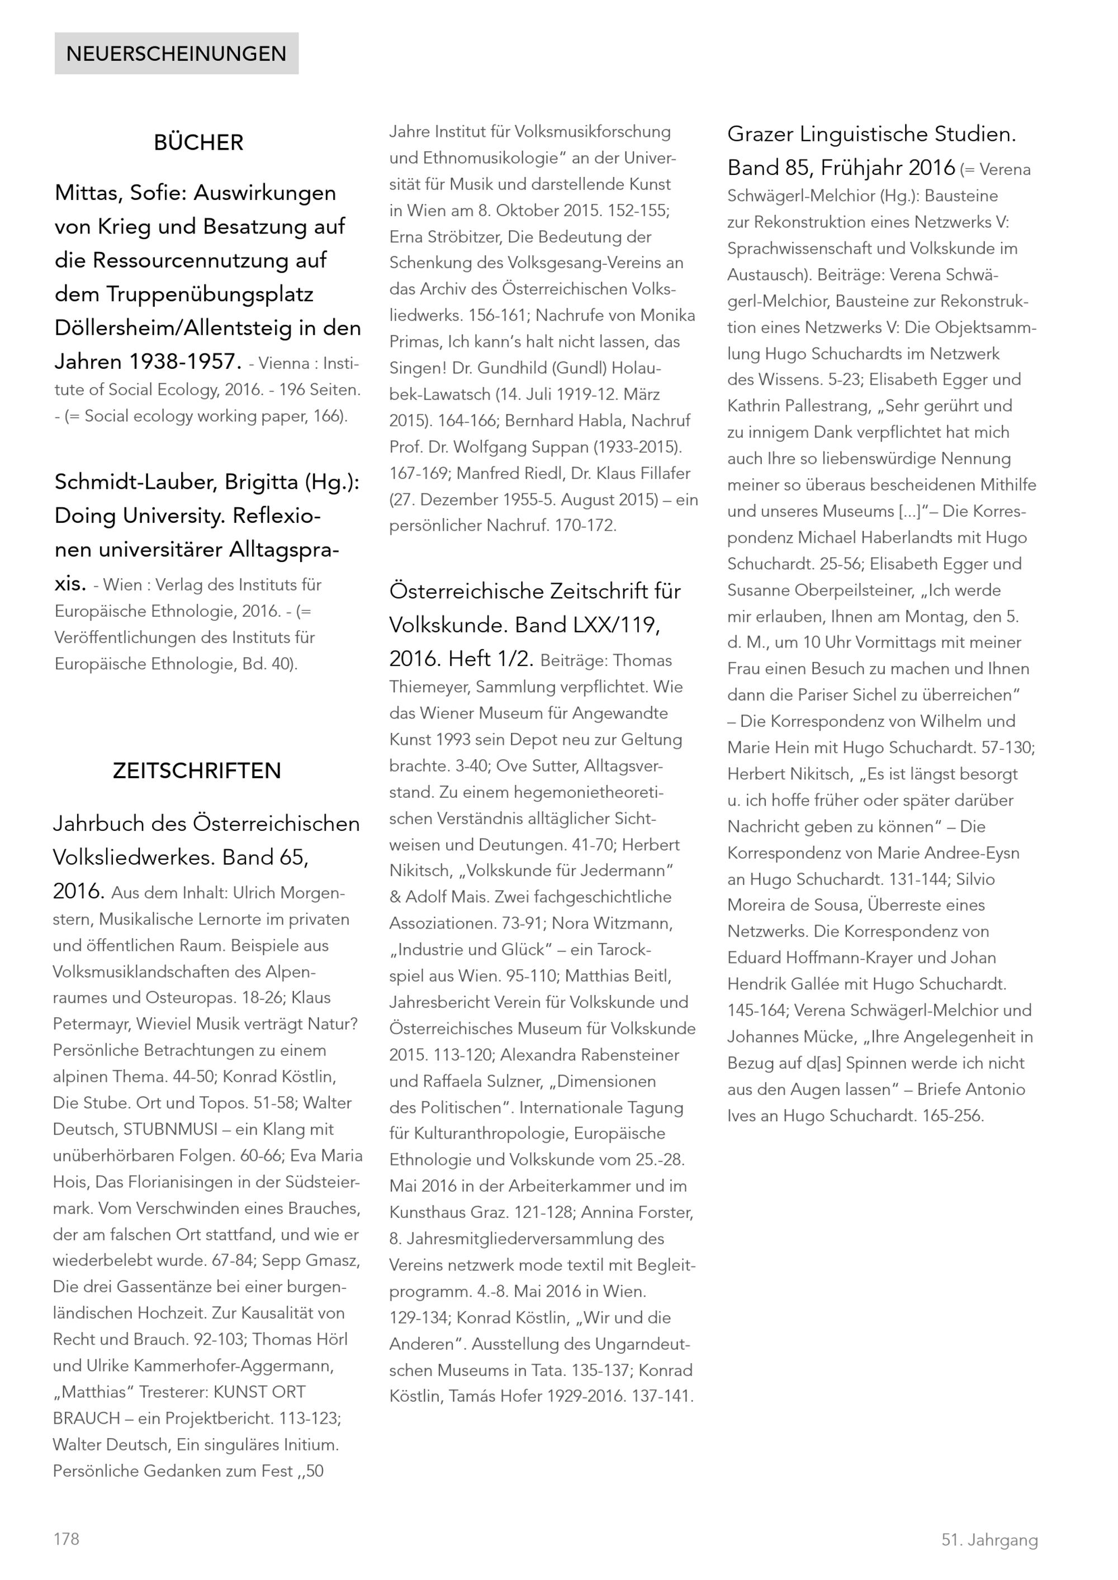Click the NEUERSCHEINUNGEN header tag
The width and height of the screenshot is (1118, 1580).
point(176,54)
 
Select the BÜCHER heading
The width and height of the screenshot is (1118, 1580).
point(198,142)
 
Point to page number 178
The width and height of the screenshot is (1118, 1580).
point(66,1539)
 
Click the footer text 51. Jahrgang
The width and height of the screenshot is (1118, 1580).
point(989,1540)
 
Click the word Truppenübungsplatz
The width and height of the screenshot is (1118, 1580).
point(209,294)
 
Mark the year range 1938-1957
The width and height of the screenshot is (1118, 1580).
point(182,361)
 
